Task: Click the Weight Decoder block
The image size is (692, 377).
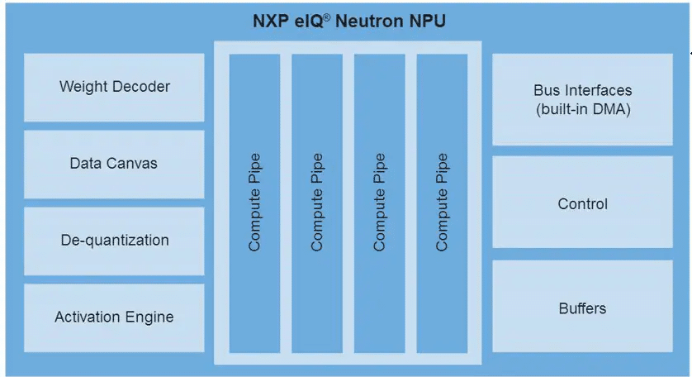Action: [114, 87]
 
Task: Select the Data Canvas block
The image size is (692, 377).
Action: [114, 164]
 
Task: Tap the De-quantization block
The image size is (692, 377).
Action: [114, 241]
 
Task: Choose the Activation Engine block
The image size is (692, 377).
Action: [114, 317]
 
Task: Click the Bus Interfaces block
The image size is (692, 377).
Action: [582, 99]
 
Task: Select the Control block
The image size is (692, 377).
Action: [582, 203]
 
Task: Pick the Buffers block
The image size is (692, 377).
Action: [582, 308]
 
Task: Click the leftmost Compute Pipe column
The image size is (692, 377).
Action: [254, 203]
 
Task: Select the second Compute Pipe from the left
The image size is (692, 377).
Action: [317, 203]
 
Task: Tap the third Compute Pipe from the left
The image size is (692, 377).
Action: [380, 203]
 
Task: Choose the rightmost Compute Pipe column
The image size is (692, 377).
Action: [442, 203]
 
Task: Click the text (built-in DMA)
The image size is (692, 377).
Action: [582, 108]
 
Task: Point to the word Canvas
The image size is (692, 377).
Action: [135, 164]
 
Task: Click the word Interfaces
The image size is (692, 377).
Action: [600, 90]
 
